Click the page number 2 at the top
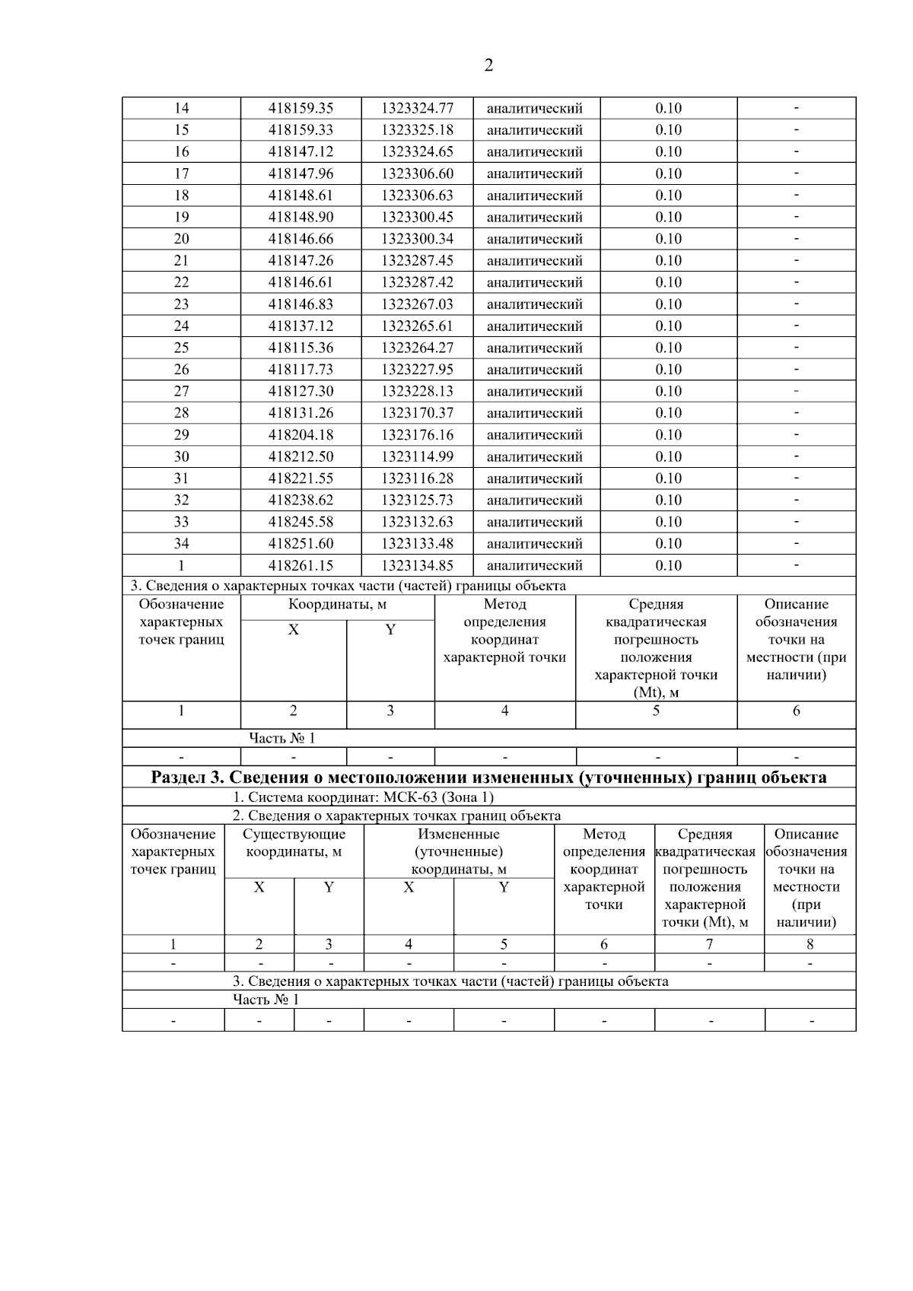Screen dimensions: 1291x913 [488, 65]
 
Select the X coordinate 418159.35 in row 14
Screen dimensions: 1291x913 [301, 108]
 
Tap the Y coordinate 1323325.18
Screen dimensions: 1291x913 [417, 130]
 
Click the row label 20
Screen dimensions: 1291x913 [181, 239]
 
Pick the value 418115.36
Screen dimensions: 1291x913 [301, 348]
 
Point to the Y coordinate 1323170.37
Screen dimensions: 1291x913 [417, 413]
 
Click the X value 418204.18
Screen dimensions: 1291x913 [301, 435]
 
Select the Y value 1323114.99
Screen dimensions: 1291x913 [417, 456]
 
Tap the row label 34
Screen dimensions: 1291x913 [181, 544]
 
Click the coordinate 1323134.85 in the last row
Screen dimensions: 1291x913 [417, 565]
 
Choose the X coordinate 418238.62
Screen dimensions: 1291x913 [301, 501]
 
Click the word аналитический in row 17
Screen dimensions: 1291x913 [534, 173]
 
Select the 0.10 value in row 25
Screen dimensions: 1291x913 [668, 348]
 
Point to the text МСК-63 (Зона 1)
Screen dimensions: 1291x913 [438, 797]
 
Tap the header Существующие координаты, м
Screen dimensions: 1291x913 [294, 843]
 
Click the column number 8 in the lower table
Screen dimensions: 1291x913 [810, 944]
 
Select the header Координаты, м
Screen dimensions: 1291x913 [337, 605]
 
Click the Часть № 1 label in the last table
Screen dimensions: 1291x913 [266, 999]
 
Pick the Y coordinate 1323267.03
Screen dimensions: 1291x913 [417, 304]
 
